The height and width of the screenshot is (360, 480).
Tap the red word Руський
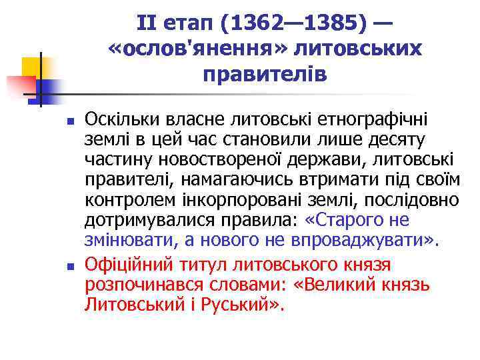(x=243, y=305)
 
